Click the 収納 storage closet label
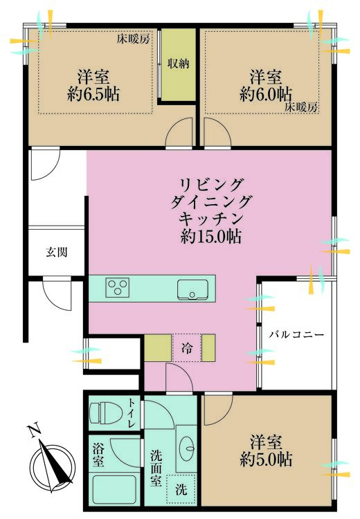pos(178,64)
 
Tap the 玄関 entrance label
pos(57,253)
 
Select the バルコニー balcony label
pos(296,334)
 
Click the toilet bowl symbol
pos(105,412)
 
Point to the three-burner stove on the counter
pos(117,288)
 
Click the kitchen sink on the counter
pos(192,290)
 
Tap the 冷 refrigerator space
pos(187,348)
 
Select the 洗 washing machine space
pos(181,489)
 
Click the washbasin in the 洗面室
pos(186,448)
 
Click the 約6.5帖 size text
pos(93,95)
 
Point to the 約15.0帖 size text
pos(210,237)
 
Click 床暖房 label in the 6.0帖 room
pos(302,107)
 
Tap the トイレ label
pos(132,412)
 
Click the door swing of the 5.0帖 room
pos(219,410)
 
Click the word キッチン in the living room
pos(211,219)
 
